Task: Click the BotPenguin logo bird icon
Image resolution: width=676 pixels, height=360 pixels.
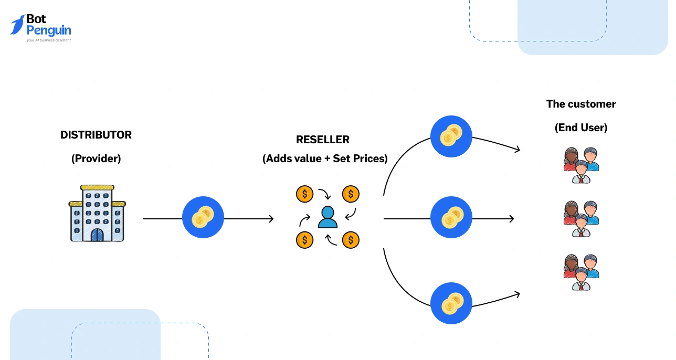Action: click(x=17, y=25)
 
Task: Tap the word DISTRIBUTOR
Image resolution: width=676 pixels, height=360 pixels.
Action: click(x=96, y=135)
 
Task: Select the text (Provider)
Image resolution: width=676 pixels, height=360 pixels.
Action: click(x=96, y=158)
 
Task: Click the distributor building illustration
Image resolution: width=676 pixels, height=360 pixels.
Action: click(x=97, y=214)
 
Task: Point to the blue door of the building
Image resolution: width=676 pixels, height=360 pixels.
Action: click(x=97, y=234)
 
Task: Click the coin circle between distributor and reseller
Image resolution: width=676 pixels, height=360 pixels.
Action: click(x=203, y=217)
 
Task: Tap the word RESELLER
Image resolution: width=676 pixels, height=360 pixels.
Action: click(x=323, y=140)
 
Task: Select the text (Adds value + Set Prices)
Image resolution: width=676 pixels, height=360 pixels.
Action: click(x=325, y=158)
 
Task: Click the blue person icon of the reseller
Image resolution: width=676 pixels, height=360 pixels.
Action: click(x=328, y=217)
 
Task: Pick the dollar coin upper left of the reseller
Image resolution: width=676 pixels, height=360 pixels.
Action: click(x=304, y=194)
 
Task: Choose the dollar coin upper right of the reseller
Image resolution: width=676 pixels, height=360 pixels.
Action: click(x=351, y=194)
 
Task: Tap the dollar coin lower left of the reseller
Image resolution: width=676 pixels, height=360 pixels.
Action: click(x=304, y=240)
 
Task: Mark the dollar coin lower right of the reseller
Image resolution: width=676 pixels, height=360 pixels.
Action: click(x=351, y=240)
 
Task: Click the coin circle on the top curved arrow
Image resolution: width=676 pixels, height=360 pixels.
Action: click(x=451, y=136)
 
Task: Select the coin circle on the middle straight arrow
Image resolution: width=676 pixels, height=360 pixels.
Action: click(x=451, y=217)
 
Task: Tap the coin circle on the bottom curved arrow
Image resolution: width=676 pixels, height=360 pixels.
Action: click(x=451, y=303)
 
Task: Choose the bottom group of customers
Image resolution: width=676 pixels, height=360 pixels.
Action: click(x=581, y=272)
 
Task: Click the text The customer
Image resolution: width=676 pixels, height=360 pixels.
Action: click(x=581, y=104)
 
